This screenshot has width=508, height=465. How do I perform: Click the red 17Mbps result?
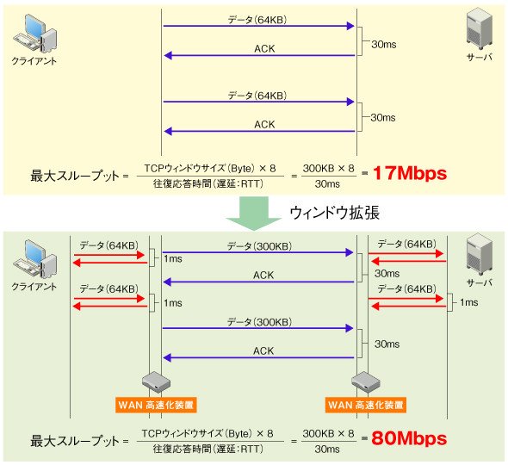(x=410, y=173)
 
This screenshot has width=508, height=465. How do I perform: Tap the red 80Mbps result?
(x=409, y=438)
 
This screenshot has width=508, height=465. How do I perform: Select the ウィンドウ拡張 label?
(x=335, y=214)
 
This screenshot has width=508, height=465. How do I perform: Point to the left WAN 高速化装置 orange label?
(x=156, y=405)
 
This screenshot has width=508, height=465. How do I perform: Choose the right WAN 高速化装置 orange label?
(x=366, y=405)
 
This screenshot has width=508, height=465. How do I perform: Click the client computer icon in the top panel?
(x=35, y=34)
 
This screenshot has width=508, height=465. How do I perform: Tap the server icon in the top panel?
(x=480, y=29)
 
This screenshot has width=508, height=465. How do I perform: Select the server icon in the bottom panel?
(x=480, y=254)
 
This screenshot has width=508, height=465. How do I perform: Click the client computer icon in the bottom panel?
(x=35, y=259)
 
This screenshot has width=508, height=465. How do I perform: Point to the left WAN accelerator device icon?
(x=156, y=382)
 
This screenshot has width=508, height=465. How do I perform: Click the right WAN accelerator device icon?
(x=366, y=382)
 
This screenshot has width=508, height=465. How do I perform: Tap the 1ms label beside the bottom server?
(x=468, y=302)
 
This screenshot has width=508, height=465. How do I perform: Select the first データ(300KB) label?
(x=259, y=246)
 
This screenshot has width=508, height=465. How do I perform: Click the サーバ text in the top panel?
(x=480, y=58)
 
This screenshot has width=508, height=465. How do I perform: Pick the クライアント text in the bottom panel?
(x=34, y=287)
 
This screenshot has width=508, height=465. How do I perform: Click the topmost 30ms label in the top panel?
(x=384, y=45)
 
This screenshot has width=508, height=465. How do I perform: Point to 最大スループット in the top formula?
(x=75, y=176)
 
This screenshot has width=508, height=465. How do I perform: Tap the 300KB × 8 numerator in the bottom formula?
(x=329, y=433)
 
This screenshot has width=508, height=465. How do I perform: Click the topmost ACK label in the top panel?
(x=264, y=48)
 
